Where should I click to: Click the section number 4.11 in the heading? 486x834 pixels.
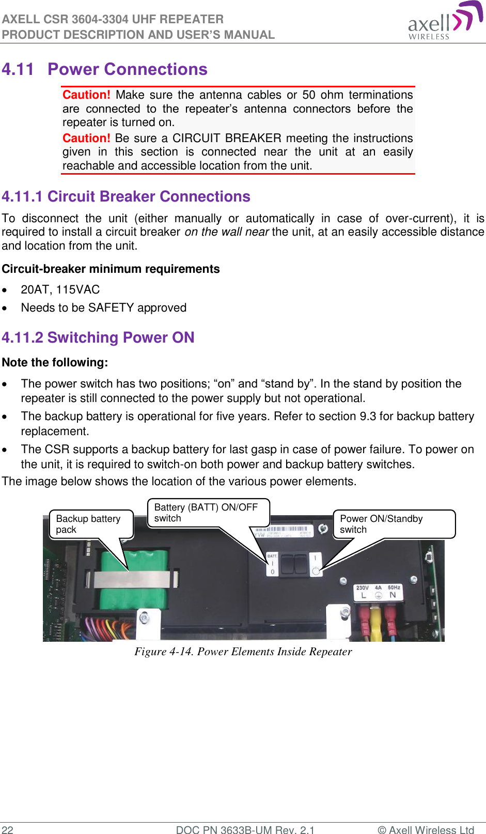point(18,69)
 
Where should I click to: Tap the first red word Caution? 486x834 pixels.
point(86,95)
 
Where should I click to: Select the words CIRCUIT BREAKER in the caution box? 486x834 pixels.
point(227,138)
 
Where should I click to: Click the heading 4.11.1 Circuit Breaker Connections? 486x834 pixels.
point(126,197)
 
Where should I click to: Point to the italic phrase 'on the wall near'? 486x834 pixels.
point(226,232)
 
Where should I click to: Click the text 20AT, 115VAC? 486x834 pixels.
point(60,290)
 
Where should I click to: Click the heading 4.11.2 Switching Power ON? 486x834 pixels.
point(98,338)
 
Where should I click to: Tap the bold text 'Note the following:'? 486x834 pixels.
point(55,363)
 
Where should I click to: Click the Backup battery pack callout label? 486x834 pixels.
point(90,524)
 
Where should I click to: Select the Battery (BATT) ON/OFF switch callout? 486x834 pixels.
point(208,513)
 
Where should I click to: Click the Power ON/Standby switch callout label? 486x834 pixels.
point(393,524)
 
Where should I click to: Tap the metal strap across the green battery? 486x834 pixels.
point(132,579)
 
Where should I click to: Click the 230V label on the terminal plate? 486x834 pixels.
point(362,588)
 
